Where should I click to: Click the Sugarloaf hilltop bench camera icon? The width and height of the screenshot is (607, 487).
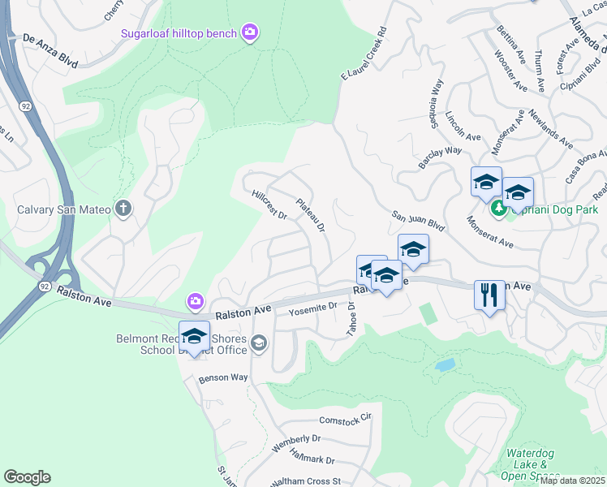tap(250, 33)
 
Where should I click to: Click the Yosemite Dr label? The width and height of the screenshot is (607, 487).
tap(312, 307)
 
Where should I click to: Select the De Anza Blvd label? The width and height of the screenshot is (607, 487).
tap(50, 38)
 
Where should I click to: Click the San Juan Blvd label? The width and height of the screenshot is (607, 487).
tap(419, 219)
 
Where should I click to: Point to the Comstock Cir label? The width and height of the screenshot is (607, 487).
tap(344, 419)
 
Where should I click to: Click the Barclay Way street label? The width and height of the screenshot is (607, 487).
tap(441, 150)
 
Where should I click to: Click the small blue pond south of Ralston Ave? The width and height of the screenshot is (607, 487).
tap(445, 364)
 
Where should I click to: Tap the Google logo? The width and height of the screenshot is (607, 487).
tap(27, 477)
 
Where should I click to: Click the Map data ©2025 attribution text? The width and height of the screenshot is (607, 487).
tap(572, 481)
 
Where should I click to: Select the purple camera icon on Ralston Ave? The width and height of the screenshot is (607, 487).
tap(196, 302)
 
